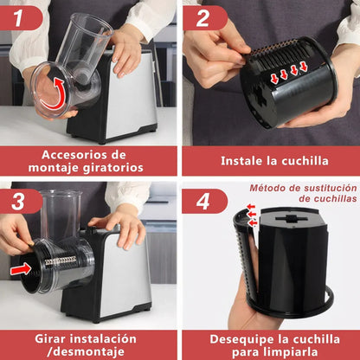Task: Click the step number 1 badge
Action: click(x=21, y=16)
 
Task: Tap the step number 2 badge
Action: click(x=201, y=16)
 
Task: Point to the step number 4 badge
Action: click(x=201, y=200)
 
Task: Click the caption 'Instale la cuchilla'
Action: click(x=269, y=160)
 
